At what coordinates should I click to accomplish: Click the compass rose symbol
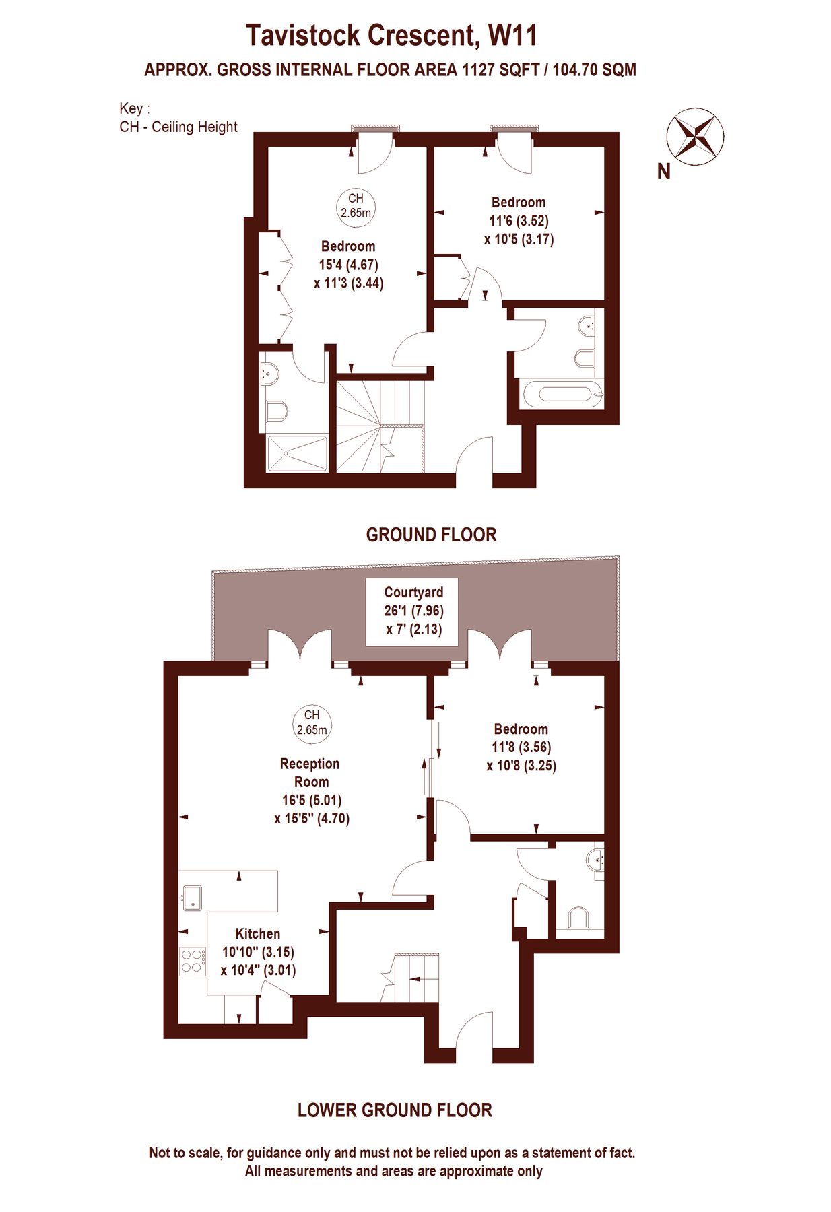(695, 136)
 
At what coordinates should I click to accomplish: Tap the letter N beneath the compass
(664, 172)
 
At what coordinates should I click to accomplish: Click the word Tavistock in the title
(306, 35)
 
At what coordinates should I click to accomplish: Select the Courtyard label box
(412, 612)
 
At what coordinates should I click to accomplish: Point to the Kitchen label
(257, 934)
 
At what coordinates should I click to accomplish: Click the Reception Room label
(310, 773)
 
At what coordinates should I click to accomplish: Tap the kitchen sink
(193, 898)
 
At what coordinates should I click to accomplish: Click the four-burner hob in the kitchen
(193, 961)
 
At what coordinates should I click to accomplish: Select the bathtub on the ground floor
(562, 393)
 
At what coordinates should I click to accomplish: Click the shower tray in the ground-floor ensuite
(297, 454)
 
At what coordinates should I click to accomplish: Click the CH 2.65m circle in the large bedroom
(356, 205)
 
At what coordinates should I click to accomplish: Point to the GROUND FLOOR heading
(431, 535)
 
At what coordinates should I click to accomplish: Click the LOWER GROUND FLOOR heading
(395, 1110)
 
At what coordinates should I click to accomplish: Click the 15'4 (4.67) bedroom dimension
(349, 265)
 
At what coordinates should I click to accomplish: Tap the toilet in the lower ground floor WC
(578, 918)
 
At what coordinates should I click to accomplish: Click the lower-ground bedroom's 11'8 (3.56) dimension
(521, 747)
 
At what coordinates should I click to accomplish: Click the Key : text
(135, 109)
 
